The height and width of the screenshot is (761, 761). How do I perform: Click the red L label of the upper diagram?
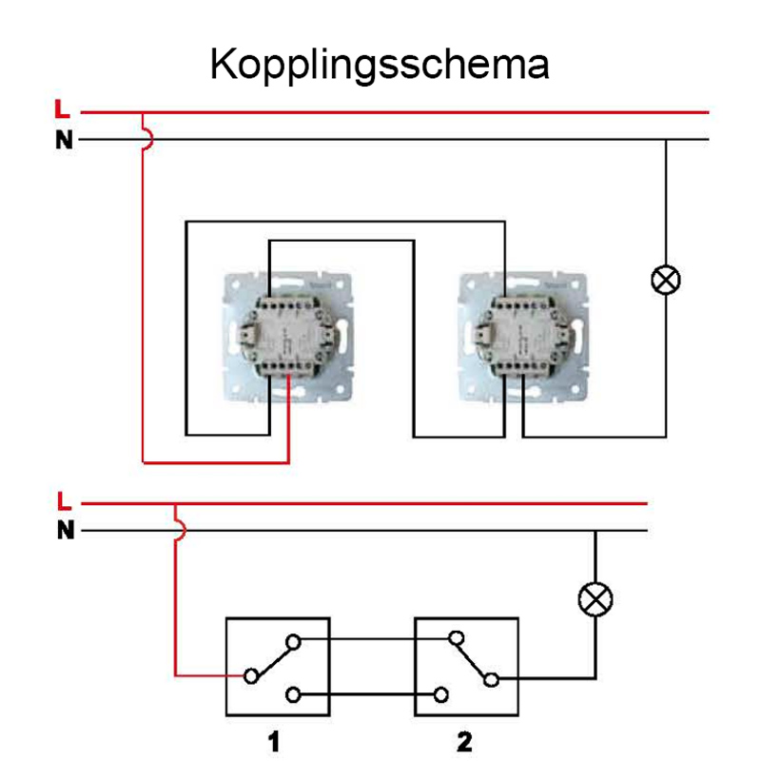[x=62, y=109]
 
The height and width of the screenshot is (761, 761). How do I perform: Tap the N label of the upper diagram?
[x=64, y=140]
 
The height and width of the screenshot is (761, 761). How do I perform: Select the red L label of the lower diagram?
[x=64, y=501]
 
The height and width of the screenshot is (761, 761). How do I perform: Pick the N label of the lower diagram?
[x=66, y=530]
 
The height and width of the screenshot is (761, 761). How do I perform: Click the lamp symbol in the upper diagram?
[x=666, y=280]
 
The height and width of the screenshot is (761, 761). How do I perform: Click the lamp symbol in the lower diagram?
[x=595, y=599]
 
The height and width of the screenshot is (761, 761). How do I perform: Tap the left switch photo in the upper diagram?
[x=288, y=338]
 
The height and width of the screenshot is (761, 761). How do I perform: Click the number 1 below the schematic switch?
[x=274, y=742]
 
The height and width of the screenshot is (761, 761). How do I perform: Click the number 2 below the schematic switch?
[x=464, y=742]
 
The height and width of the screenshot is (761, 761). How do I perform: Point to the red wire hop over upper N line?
[x=149, y=139]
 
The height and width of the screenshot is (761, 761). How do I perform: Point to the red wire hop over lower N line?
[x=181, y=531]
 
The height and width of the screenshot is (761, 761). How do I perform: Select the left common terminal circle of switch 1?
[x=251, y=675]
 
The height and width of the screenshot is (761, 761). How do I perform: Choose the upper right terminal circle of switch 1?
[x=293, y=643]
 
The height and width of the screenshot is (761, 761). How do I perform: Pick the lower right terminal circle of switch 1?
[x=293, y=695]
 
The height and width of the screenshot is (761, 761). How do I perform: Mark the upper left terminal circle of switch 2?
[x=457, y=637]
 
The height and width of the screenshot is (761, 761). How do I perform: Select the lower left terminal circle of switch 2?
[x=441, y=695]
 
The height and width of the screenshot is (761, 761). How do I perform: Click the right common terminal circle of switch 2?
[x=491, y=680]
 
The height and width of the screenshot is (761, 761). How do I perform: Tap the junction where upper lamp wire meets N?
[x=666, y=140]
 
